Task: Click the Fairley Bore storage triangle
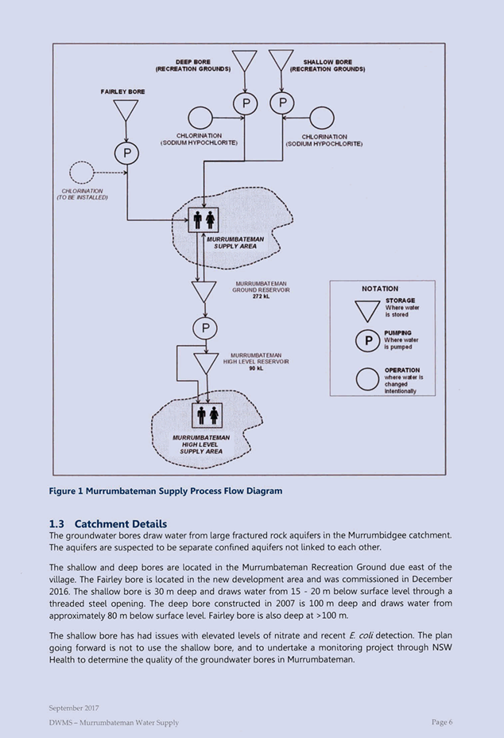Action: pyautogui.click(x=126, y=110)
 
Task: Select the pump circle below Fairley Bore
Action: pyautogui.click(x=126, y=153)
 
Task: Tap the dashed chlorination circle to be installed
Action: pyautogui.click(x=82, y=173)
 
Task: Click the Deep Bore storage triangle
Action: pyautogui.click(x=245, y=60)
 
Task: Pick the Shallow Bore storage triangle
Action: pyautogui.click(x=281, y=60)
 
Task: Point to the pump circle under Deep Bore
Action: pyautogui.click(x=245, y=103)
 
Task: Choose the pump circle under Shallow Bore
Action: pyautogui.click(x=282, y=103)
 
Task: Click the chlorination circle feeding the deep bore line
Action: pyautogui.click(x=200, y=118)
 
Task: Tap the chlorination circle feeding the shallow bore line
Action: pyautogui.click(x=322, y=118)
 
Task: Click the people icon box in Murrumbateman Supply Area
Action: pyautogui.click(x=204, y=219)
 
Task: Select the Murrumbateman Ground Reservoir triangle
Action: pyautogui.click(x=204, y=291)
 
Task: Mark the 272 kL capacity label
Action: pyautogui.click(x=262, y=297)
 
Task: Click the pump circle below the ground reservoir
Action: pyautogui.click(x=205, y=328)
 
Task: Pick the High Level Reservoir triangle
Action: pyautogui.click(x=206, y=363)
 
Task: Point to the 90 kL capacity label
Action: pyautogui.click(x=256, y=368)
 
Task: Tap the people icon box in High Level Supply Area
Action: pyautogui.click(x=207, y=415)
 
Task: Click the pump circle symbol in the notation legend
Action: pyautogui.click(x=367, y=340)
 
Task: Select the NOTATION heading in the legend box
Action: pyautogui.click(x=380, y=289)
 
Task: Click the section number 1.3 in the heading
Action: pyautogui.click(x=56, y=524)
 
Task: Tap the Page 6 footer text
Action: pyautogui.click(x=442, y=722)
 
